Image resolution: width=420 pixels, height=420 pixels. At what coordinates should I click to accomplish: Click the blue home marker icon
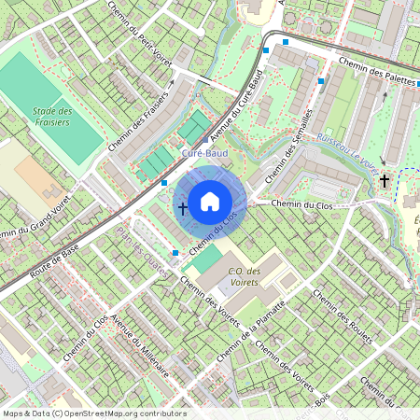tap(210, 200)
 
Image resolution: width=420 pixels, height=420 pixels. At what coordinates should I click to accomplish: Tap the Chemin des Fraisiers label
tap(142, 122)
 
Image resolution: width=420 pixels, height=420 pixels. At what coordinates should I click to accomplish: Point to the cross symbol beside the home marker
tap(182, 207)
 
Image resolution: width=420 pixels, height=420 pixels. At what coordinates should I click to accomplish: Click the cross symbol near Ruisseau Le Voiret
tap(385, 179)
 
